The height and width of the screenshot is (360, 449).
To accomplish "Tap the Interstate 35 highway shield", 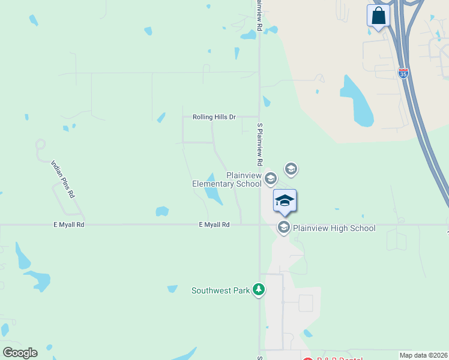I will [403, 73].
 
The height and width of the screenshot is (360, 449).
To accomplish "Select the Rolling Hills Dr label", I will [214, 117].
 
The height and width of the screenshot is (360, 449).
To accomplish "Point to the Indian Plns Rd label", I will [64, 179].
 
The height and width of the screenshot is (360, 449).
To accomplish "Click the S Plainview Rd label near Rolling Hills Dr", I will [260, 145].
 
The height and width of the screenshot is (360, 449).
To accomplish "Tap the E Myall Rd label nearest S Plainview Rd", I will [214, 224].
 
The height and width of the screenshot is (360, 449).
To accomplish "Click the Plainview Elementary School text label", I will [226, 179].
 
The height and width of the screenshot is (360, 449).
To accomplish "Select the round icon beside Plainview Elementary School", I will [271, 178].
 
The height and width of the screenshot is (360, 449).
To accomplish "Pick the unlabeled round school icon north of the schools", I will [291, 169].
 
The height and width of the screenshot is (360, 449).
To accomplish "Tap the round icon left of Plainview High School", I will [283, 227].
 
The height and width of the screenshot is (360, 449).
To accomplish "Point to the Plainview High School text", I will [334, 228].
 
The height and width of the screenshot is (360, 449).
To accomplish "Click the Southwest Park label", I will [220, 290].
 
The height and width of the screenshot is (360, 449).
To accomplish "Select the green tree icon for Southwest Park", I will [259, 290].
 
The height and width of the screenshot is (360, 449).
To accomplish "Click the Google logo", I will [20, 352].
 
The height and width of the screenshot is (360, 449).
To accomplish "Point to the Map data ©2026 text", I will [423, 355].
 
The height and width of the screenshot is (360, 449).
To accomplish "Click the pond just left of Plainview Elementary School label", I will [212, 193].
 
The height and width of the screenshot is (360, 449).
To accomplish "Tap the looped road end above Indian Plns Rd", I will [40, 145].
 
